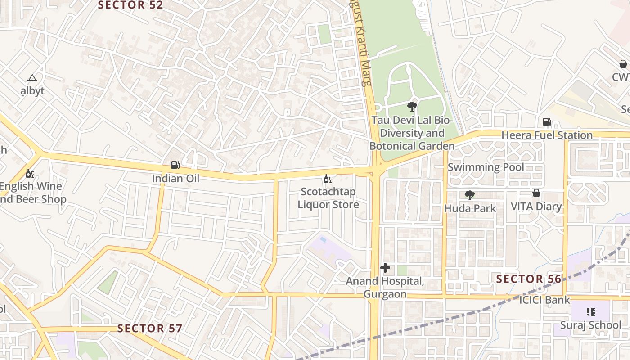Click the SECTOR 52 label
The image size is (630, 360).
point(130,5)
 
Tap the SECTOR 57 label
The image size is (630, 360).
point(150,328)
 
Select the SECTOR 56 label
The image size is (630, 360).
point(529,279)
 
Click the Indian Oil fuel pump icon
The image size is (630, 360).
point(175,165)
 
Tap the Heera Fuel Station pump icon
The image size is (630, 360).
point(547,121)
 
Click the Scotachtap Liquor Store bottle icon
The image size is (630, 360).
point(328,179)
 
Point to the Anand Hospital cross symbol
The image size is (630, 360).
point(385,268)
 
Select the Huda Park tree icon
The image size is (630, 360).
point(470,195)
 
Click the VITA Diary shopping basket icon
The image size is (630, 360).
point(536,193)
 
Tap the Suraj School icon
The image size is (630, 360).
point(591,311)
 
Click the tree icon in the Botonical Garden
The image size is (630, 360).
point(411,107)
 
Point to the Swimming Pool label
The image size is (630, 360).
point(486,167)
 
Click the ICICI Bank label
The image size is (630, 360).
point(544,300)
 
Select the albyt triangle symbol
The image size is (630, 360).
point(32,78)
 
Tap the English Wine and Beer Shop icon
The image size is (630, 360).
point(30,173)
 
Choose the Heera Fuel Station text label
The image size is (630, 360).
point(547,135)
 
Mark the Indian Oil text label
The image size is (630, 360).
point(175,178)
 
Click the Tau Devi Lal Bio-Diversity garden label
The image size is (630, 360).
point(412,133)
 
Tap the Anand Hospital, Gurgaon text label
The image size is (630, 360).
point(385,288)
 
